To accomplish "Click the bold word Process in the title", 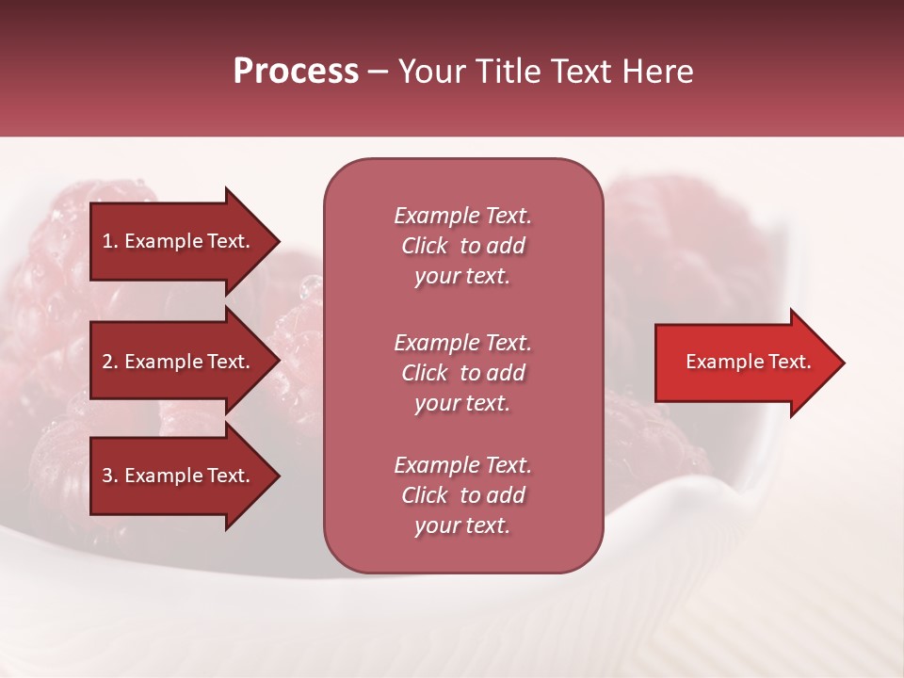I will (296, 72).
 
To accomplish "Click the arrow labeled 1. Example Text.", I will (179, 241).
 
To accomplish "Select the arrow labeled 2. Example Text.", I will (179, 362).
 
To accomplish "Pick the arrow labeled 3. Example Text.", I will (179, 476).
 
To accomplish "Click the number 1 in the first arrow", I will (107, 241).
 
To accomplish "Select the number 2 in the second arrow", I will (107, 362).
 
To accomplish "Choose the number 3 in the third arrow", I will (107, 476).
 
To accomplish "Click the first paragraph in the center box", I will (462, 246).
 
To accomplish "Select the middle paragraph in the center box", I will (462, 373).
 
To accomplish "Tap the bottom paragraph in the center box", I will (462, 495).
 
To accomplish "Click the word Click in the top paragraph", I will (425, 246).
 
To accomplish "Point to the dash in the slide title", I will (378, 72).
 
